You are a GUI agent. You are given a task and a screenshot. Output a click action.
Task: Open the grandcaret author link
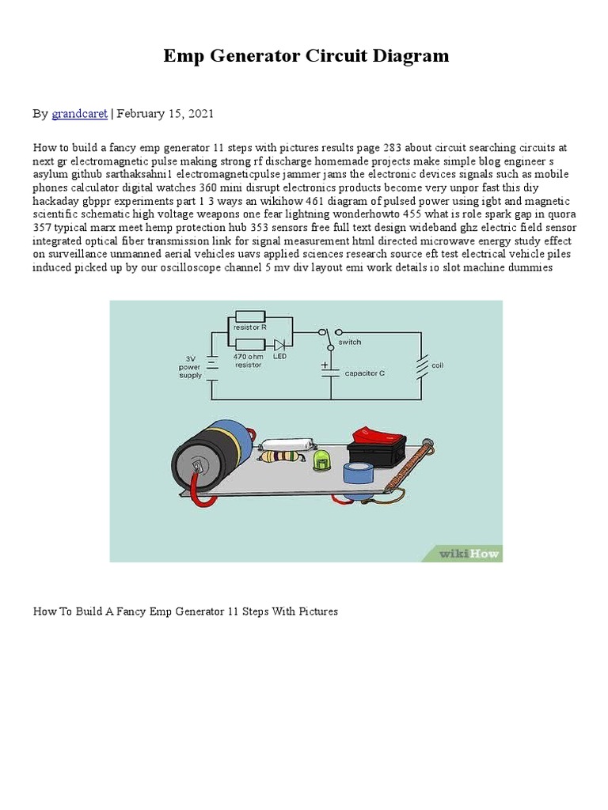pyautogui.click(x=79, y=114)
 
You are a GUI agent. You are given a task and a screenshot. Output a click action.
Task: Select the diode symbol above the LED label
pyautogui.click(x=279, y=345)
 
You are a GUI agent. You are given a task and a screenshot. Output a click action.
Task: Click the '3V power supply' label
pyautogui.click(x=191, y=366)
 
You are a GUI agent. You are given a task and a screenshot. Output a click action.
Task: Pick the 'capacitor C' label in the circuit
pyautogui.click(x=364, y=373)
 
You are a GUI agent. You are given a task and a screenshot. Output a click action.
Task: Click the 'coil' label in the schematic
pyautogui.click(x=438, y=365)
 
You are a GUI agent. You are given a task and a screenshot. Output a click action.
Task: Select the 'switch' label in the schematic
pyautogui.click(x=350, y=343)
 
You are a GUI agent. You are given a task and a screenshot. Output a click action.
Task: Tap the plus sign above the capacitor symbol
pyautogui.click(x=325, y=365)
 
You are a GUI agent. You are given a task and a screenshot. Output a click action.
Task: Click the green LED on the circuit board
pyautogui.click(x=321, y=461)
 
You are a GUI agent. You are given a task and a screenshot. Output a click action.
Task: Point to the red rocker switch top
pyautogui.click(x=378, y=433)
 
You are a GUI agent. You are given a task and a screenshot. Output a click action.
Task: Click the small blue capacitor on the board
pyautogui.click(x=358, y=475)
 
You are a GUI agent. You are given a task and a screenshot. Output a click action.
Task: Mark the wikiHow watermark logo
pyautogui.click(x=470, y=554)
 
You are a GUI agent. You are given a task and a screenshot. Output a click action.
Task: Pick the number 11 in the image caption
pyautogui.click(x=233, y=611)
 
